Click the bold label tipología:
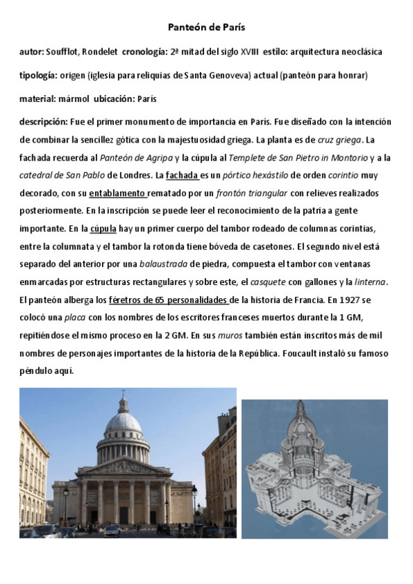point(39,75)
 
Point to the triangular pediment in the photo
point(126,469)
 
